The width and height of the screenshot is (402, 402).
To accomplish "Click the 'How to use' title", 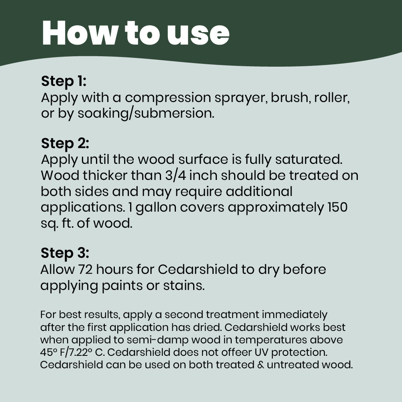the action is tap(136, 33).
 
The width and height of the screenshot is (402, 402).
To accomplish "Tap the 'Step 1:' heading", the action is tap(63, 81).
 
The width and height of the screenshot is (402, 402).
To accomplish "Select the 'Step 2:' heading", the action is tap(65, 143).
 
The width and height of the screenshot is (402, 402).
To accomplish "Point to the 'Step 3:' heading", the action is tap(65, 253).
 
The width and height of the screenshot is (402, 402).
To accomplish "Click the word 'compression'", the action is tap(168, 98).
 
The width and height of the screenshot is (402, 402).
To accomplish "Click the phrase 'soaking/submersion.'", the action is tap(146, 114).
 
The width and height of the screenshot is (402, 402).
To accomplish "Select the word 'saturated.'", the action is tap(309, 159).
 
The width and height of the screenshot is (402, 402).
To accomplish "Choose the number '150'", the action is tap(337, 207).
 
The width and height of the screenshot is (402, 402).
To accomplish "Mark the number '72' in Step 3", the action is tap(86, 269).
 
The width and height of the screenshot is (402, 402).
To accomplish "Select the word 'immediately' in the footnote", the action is tap(295, 315).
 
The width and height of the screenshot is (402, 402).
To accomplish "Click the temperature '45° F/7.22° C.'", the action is tap(73, 353).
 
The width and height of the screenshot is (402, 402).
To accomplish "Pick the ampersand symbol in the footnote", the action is tap(261, 365).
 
